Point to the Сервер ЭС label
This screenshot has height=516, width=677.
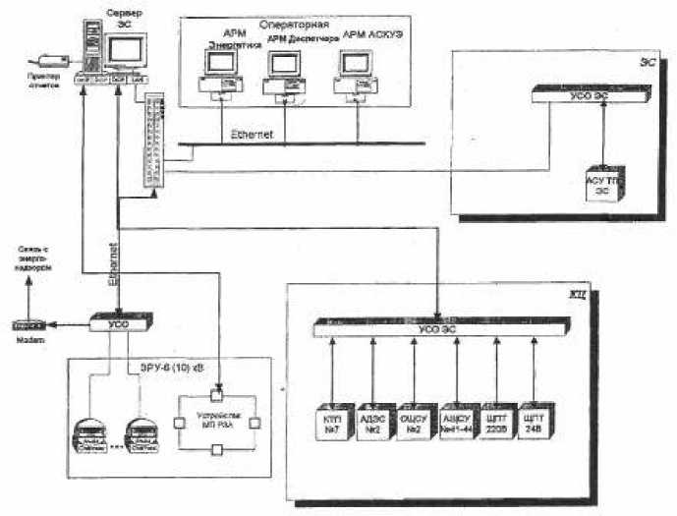pos(123,15)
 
